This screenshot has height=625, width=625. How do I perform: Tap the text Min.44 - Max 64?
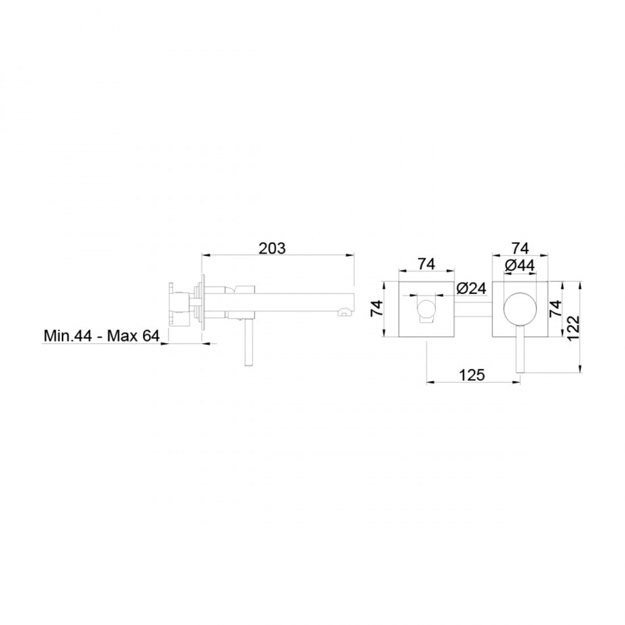[x=101, y=336]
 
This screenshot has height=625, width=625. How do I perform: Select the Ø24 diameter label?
[x=471, y=289]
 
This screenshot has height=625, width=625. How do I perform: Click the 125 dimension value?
[x=472, y=374]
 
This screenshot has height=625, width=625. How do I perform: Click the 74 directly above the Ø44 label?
[x=520, y=248]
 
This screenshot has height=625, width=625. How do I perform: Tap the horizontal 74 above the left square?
[x=427, y=264]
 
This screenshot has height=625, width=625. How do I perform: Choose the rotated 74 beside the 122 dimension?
[x=556, y=309]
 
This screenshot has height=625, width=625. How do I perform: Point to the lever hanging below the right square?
[x=519, y=352]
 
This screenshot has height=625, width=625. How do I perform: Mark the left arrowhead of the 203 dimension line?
[x=205, y=256]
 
